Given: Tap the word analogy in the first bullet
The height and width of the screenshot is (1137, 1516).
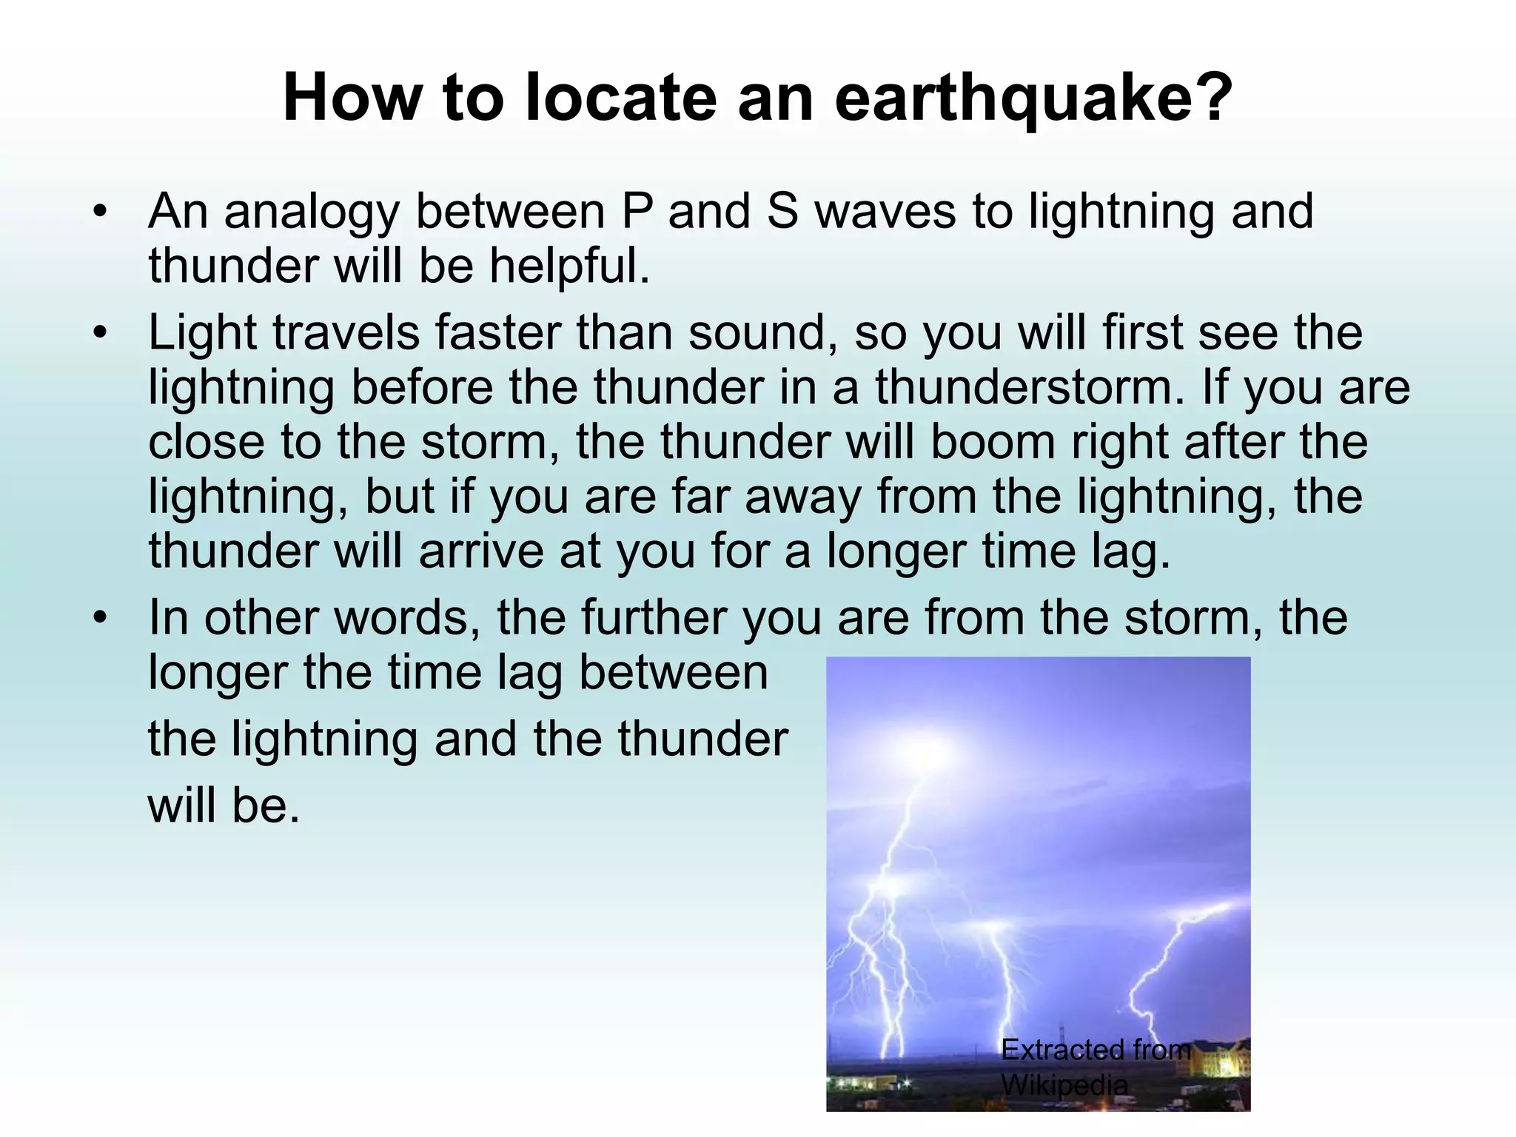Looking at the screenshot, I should coord(311,213).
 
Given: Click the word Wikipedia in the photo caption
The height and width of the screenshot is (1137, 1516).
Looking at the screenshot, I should coord(1064,1085).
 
